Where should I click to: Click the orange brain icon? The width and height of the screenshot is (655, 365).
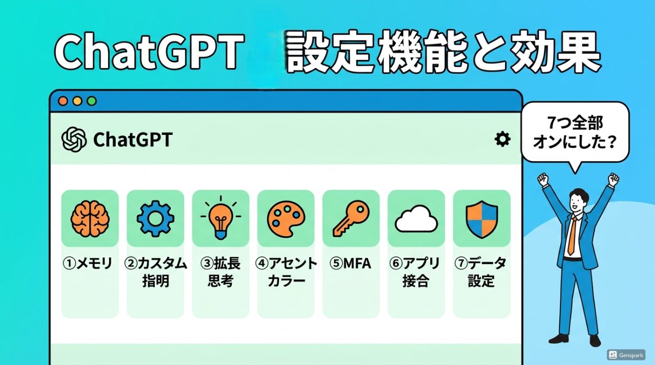(90, 218)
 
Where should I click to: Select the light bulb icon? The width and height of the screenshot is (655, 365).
(221, 217)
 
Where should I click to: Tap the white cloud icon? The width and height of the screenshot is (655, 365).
(416, 219)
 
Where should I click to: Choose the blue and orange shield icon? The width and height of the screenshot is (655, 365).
(482, 218)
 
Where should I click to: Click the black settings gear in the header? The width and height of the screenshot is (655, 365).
(503, 139)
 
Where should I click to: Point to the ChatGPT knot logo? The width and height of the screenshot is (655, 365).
(74, 140)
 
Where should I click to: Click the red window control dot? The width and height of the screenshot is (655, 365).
(63, 101)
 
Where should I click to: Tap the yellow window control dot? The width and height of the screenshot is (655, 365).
(77, 101)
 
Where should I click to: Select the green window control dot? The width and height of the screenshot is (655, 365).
(92, 101)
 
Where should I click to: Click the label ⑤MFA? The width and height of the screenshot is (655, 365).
(351, 264)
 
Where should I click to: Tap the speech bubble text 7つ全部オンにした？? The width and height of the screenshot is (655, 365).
(574, 131)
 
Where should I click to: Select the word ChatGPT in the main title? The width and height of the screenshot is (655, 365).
(148, 53)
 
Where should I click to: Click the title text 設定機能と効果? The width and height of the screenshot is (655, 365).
(443, 53)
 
